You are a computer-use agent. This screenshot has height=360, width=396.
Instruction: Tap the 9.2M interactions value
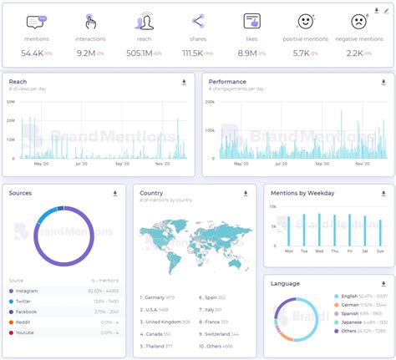click(x=85, y=53)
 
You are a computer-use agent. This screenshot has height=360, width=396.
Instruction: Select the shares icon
click(x=198, y=21)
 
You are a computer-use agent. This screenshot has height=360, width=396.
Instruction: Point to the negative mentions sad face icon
click(x=359, y=21)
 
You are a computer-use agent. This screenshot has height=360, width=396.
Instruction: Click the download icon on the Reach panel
click(x=184, y=83)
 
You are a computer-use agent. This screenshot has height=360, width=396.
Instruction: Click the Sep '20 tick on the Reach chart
click(x=122, y=165)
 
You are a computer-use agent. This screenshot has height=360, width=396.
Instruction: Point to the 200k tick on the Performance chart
click(x=209, y=102)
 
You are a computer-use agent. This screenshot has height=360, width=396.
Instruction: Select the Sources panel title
click(x=21, y=193)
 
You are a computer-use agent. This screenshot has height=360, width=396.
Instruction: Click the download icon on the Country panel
click(x=246, y=193)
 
